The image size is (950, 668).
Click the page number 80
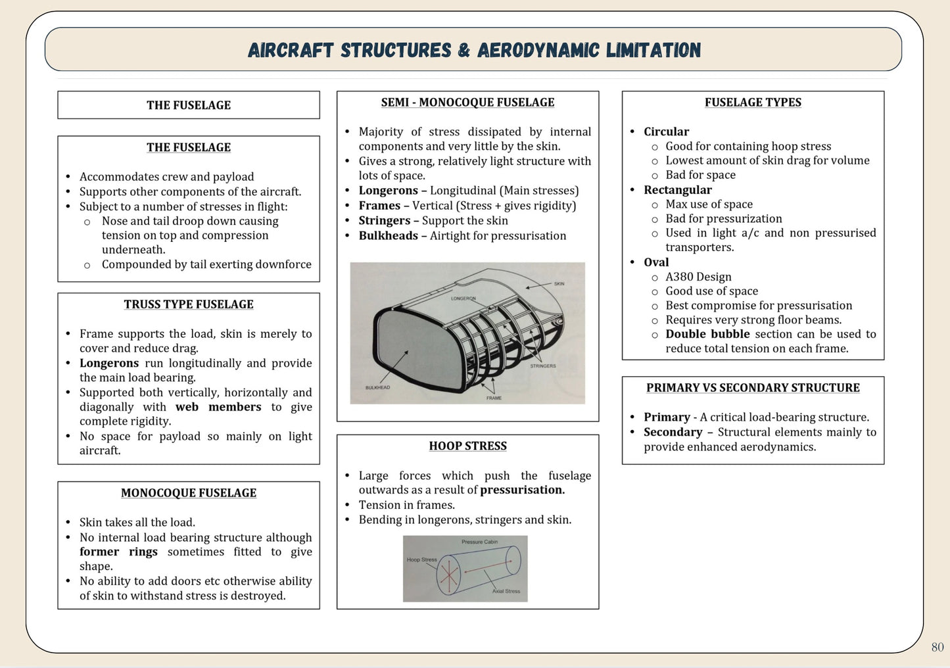(x=938, y=647)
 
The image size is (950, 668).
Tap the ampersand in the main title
(x=464, y=51)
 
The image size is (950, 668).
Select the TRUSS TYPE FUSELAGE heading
(x=189, y=304)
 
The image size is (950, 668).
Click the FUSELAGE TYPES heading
(x=753, y=103)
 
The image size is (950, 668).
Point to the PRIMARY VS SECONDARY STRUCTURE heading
(x=753, y=388)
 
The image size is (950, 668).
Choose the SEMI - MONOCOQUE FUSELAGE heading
(x=467, y=103)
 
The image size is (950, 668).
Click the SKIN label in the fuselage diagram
(x=559, y=284)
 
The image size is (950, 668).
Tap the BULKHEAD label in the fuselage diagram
(x=377, y=387)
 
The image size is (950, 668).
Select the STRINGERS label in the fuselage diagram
(x=543, y=366)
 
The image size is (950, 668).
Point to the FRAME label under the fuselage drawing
(x=494, y=398)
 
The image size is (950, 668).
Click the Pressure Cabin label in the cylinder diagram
(x=479, y=542)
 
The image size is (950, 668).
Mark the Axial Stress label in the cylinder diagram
(x=506, y=591)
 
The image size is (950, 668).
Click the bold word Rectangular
(x=678, y=190)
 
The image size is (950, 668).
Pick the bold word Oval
(x=656, y=262)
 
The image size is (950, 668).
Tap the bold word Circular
(x=667, y=131)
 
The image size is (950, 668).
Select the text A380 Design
(x=698, y=277)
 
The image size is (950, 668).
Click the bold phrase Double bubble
(x=707, y=334)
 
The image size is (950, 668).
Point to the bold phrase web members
(x=218, y=407)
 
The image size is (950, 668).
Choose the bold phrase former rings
(x=118, y=552)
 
